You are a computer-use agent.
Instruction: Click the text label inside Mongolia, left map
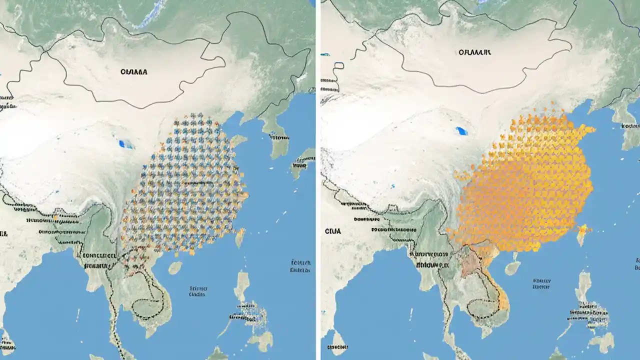pyautogui.click(x=134, y=71)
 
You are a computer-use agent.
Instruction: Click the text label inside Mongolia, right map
pyautogui.click(x=474, y=51)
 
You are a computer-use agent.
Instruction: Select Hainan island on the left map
pyautogui.click(x=174, y=268)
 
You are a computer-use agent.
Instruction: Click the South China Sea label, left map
pyautogui.click(x=197, y=291)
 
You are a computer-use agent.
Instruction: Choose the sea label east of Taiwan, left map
pyautogui.click(x=300, y=266)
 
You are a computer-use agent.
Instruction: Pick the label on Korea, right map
pyautogui.click(x=631, y=126)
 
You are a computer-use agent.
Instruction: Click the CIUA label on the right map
pyautogui.click(x=332, y=231)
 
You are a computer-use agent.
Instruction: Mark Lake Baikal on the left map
pyautogui.click(x=148, y=18)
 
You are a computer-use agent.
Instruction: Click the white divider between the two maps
pyautogui.click(x=318, y=180)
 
